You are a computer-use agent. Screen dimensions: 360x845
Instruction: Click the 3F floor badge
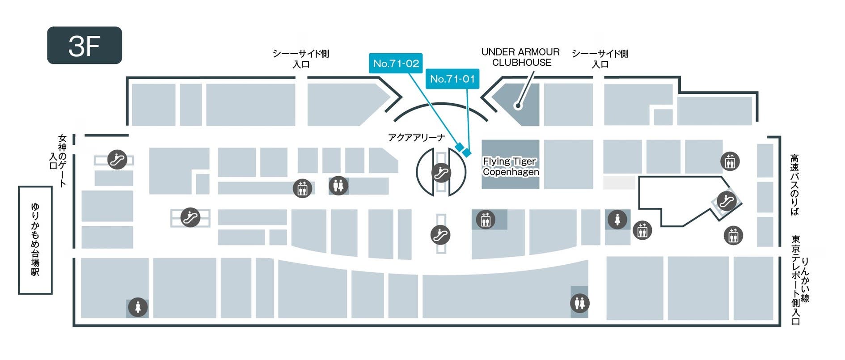(x=84, y=45)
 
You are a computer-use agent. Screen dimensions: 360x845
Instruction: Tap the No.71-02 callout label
(x=396, y=64)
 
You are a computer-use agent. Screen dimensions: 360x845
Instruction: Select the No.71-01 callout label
(x=452, y=79)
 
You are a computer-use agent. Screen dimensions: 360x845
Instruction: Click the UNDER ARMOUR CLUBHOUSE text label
(x=520, y=57)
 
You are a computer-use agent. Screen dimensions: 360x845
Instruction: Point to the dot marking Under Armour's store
(x=518, y=106)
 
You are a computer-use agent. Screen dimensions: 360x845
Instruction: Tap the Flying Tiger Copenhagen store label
(x=511, y=166)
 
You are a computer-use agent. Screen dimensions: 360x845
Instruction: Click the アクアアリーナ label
(x=416, y=138)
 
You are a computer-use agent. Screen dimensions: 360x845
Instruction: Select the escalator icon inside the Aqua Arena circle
(x=441, y=173)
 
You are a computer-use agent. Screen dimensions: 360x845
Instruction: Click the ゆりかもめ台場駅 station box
(x=35, y=240)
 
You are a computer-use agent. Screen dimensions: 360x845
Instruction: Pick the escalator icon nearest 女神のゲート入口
(x=117, y=159)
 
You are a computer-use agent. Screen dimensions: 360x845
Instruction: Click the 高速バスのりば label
(x=794, y=185)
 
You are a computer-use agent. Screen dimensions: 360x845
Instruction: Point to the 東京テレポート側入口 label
(x=795, y=280)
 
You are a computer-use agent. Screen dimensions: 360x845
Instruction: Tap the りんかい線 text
(x=805, y=280)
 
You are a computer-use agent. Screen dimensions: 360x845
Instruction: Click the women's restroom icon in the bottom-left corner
(x=138, y=308)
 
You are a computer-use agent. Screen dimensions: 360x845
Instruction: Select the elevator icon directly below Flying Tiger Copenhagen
(x=486, y=220)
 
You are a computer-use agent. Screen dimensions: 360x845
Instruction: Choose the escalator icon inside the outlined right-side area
(x=726, y=201)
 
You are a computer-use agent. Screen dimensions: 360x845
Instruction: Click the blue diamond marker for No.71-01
(x=467, y=153)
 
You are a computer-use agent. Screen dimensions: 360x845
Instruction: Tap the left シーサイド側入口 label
(x=301, y=59)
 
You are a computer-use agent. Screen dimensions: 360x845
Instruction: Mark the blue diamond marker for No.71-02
(x=459, y=147)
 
